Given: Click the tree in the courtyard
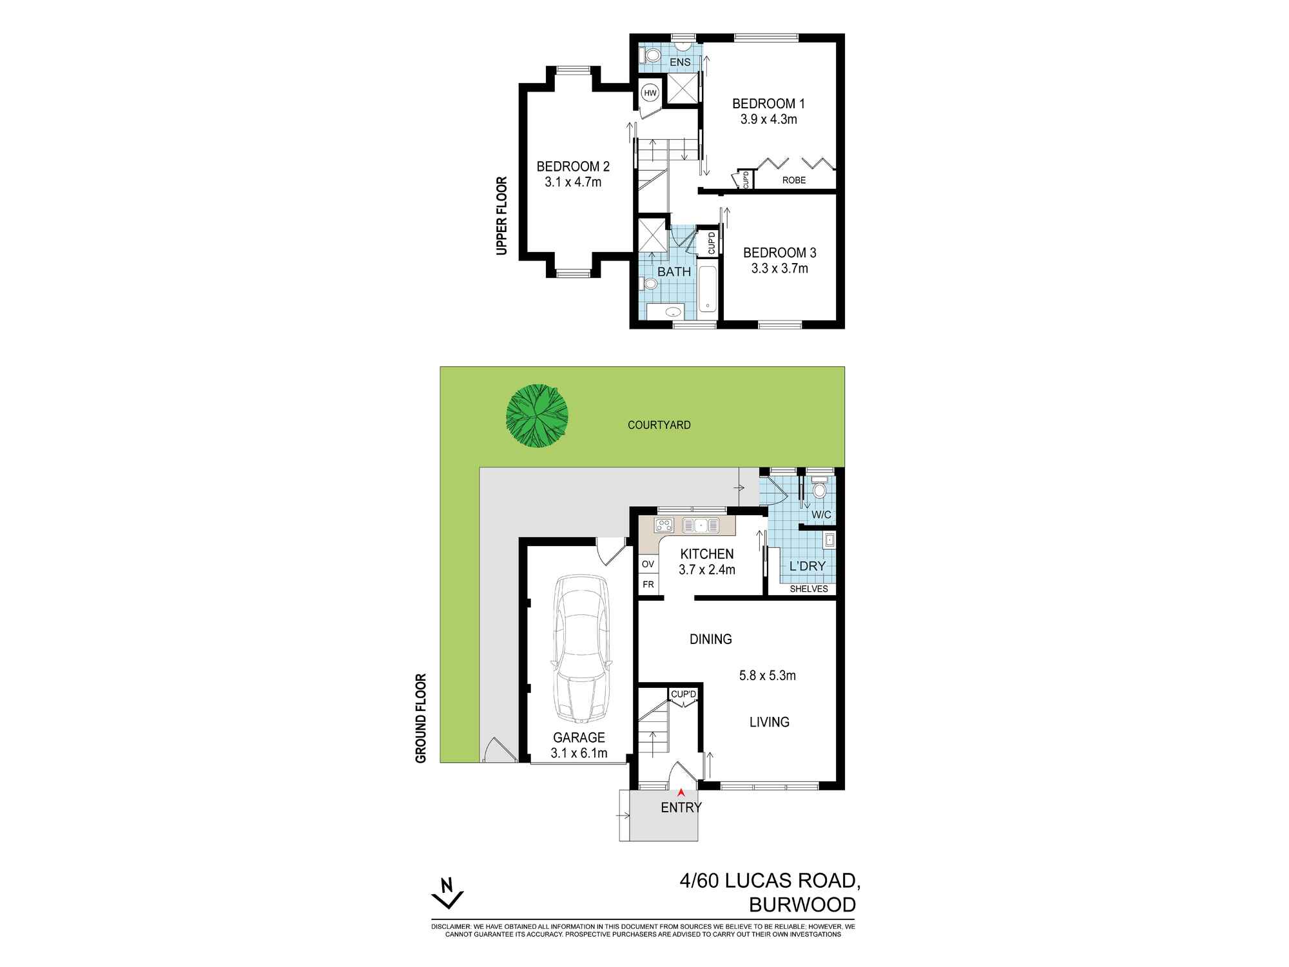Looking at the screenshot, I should click(537, 416).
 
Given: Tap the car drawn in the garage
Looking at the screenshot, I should click(580, 648).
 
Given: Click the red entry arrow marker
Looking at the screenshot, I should click(681, 793).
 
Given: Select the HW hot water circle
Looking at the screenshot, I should click(650, 93).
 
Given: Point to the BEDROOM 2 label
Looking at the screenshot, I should click(573, 167).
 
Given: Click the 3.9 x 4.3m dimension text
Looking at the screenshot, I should click(769, 119).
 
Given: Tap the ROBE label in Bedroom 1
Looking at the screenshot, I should click(794, 181).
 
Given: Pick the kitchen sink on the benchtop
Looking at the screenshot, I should click(701, 525).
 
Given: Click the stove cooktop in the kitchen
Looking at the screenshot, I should click(664, 525).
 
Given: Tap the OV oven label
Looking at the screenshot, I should click(648, 564).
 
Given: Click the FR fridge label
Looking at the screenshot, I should click(648, 585).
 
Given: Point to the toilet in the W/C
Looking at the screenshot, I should click(820, 489).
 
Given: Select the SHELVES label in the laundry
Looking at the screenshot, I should click(808, 589).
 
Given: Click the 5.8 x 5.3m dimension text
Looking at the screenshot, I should click(767, 676).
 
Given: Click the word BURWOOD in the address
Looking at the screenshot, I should click(802, 904).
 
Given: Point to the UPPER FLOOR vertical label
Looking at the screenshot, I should click(502, 216).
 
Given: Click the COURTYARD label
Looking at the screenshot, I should click(659, 425).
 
